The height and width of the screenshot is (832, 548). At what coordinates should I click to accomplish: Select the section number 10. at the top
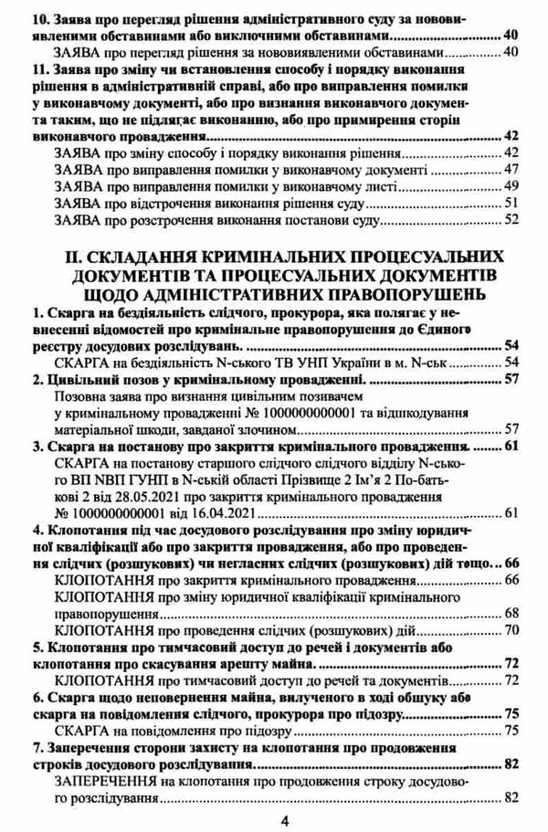point(40,17)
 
